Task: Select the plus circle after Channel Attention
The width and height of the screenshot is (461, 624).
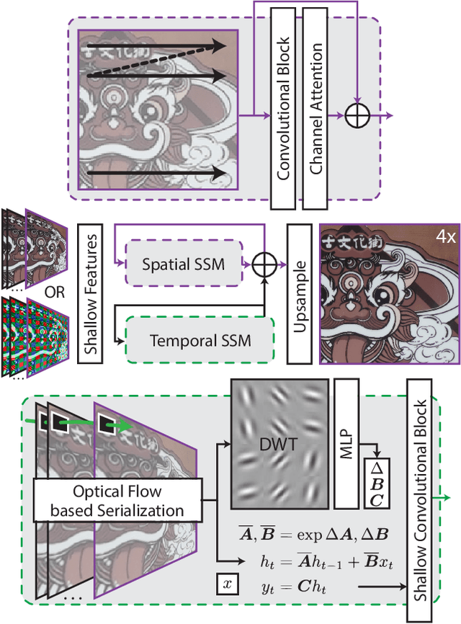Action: pyautogui.click(x=355, y=115)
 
